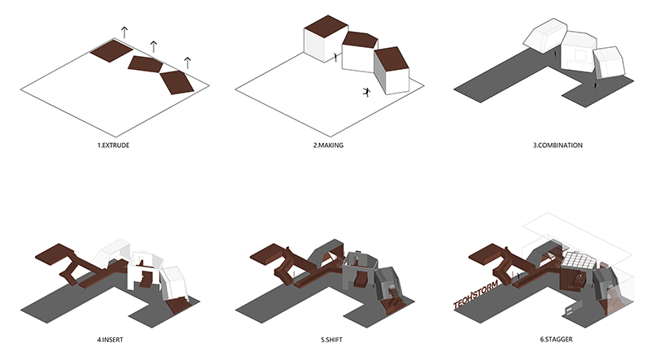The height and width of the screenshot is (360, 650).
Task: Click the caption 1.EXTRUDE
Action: pyautogui.click(x=113, y=145)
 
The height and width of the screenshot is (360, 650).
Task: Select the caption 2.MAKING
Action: pyautogui.click(x=328, y=145)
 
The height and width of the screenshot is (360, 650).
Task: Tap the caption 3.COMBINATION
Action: pyautogui.click(x=557, y=145)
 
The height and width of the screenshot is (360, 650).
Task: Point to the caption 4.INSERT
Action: pyautogui.click(x=110, y=340)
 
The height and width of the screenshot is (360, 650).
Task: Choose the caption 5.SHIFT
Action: pyautogui.click(x=331, y=340)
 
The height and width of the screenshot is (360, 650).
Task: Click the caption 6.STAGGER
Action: pyautogui.click(x=557, y=339)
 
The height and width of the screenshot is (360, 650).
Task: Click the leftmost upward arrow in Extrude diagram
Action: pyautogui.click(x=124, y=33)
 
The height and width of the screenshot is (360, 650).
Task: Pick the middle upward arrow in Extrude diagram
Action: pyautogui.click(x=154, y=46)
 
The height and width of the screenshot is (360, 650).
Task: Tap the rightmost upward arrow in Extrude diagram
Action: pyautogui.click(x=188, y=63)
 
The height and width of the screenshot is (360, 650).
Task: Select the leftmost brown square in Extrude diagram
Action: pyautogui.click(x=111, y=50)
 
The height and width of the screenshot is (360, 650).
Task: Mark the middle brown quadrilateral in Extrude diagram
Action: pyautogui.click(x=145, y=64)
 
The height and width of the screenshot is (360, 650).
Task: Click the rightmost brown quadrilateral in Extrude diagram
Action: pyautogui.click(x=176, y=83)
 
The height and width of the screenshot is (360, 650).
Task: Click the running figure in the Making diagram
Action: pyautogui.click(x=366, y=92)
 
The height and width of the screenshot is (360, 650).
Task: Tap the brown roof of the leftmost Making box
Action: pyautogui.click(x=326, y=25)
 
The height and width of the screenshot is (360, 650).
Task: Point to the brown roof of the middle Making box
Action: pyautogui.click(x=360, y=40)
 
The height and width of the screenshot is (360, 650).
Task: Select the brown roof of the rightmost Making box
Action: pyautogui.click(x=392, y=59)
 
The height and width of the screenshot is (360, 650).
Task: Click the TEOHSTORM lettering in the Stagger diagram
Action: pyautogui.click(x=475, y=294)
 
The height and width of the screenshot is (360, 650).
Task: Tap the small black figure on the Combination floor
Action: pyautogui.click(x=596, y=85)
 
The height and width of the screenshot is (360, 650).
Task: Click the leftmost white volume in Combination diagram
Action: pyautogui.click(x=545, y=35)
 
